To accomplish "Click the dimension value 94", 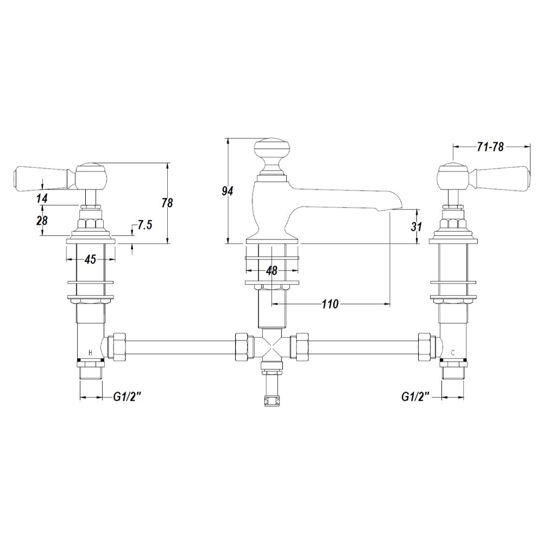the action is click(228, 191).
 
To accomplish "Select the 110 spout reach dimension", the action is click(330, 304).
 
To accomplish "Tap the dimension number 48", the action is click(272, 270).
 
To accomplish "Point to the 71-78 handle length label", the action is click(490, 147).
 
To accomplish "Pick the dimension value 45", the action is click(90, 259).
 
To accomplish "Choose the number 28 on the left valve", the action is click(42, 220).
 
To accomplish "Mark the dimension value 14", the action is click(42, 198).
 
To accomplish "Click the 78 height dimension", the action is click(167, 203).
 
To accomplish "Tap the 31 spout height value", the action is click(416, 227).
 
